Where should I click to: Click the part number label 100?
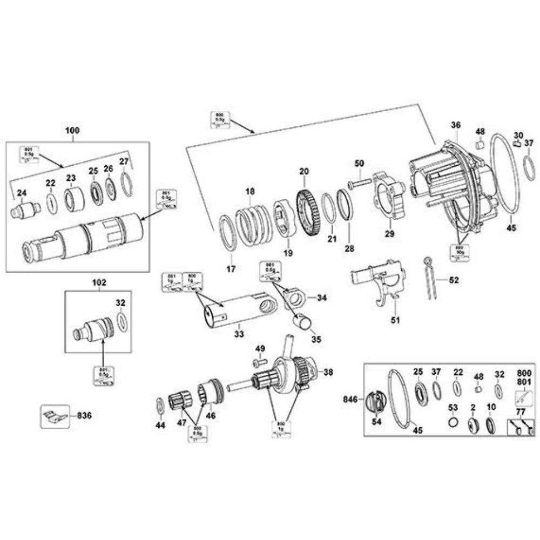coord(72,130)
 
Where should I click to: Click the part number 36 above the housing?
coord(456,125)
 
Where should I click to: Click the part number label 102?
coord(100,282)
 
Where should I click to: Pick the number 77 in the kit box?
coord(521,411)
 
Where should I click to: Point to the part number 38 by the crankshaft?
coord(328,372)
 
